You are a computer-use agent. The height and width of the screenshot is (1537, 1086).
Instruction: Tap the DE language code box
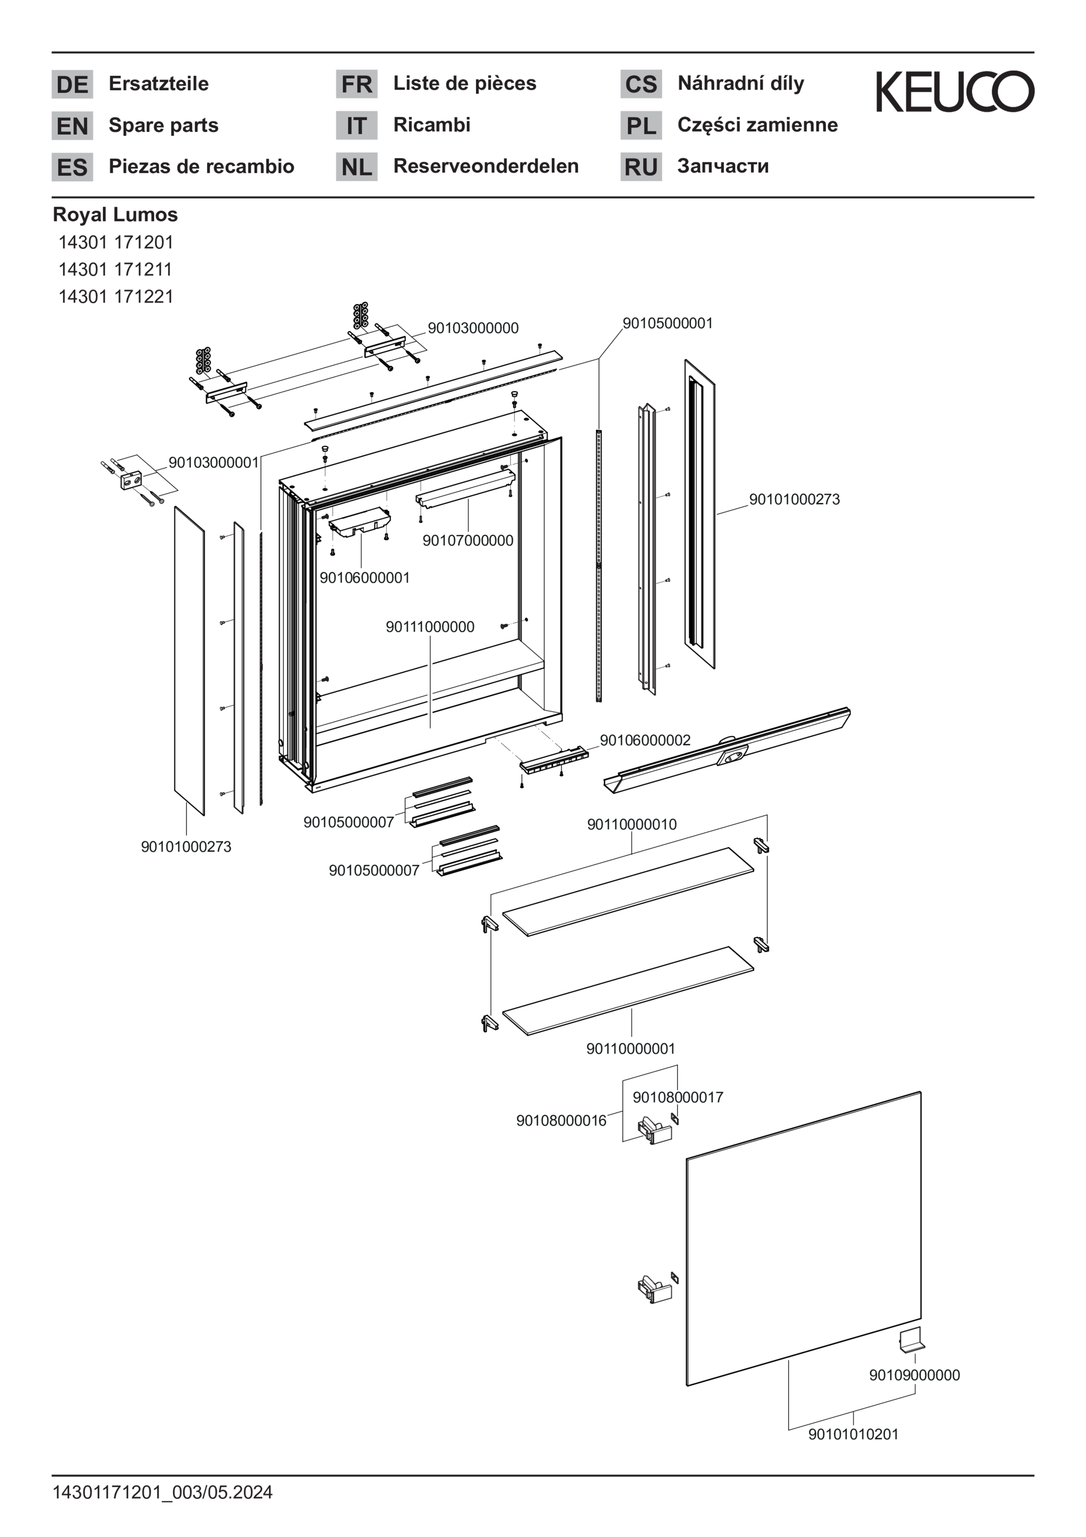[72, 85]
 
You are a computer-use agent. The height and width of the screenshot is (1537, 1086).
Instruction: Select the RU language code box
[640, 166]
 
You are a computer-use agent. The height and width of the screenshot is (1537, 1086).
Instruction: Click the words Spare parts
[163, 125]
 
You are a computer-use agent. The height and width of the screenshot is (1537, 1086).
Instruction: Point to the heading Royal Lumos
[115, 214]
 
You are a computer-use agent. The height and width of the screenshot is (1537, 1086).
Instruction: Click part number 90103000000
[473, 328]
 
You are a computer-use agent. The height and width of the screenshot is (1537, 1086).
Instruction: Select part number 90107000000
[468, 540]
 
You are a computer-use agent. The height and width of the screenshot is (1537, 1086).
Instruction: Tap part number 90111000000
[430, 627]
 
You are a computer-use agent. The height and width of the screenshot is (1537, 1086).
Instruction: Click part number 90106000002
[644, 740]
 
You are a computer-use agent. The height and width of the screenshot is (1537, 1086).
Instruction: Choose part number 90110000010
[632, 824]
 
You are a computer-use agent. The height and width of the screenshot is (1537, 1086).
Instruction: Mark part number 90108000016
[561, 1120]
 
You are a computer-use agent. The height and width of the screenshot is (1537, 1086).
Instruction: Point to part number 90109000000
[914, 1375]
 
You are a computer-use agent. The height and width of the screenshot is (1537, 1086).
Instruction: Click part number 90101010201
[853, 1434]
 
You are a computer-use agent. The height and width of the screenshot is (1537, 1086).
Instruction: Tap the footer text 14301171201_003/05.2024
[163, 1492]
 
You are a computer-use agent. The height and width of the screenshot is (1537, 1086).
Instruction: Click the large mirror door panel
[803, 1239]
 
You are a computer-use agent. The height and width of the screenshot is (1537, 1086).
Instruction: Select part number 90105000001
[667, 323]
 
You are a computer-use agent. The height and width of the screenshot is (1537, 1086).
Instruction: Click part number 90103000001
[213, 462]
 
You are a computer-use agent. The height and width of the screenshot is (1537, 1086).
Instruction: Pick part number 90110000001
[630, 1048]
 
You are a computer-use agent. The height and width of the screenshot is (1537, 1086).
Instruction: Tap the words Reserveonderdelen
[486, 166]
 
